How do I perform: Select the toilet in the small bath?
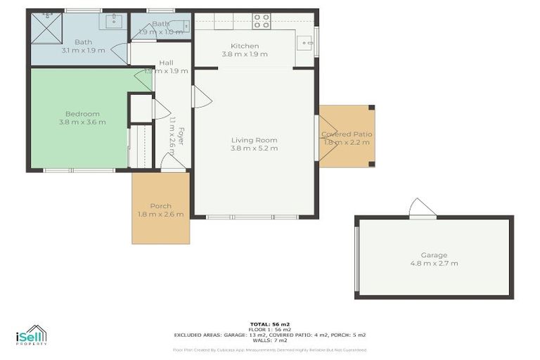[x=181, y=26]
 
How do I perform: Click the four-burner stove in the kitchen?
[x=262, y=21]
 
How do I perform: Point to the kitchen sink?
[x=306, y=42]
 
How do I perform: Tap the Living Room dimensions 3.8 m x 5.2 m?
[x=254, y=148]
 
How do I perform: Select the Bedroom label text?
[x=82, y=114]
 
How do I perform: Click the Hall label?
[x=166, y=63]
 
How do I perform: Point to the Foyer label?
[x=180, y=136]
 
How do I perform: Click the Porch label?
[x=160, y=206]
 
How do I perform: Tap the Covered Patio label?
[x=347, y=134]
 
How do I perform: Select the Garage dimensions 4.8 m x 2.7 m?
[x=434, y=264]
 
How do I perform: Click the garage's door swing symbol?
[x=423, y=208]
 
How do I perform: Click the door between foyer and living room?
[x=201, y=97]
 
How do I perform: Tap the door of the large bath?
[x=122, y=54]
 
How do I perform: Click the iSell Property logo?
[x=32, y=335]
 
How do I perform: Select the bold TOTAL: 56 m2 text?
[x=270, y=324]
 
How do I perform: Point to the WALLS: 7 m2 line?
[x=270, y=340]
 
